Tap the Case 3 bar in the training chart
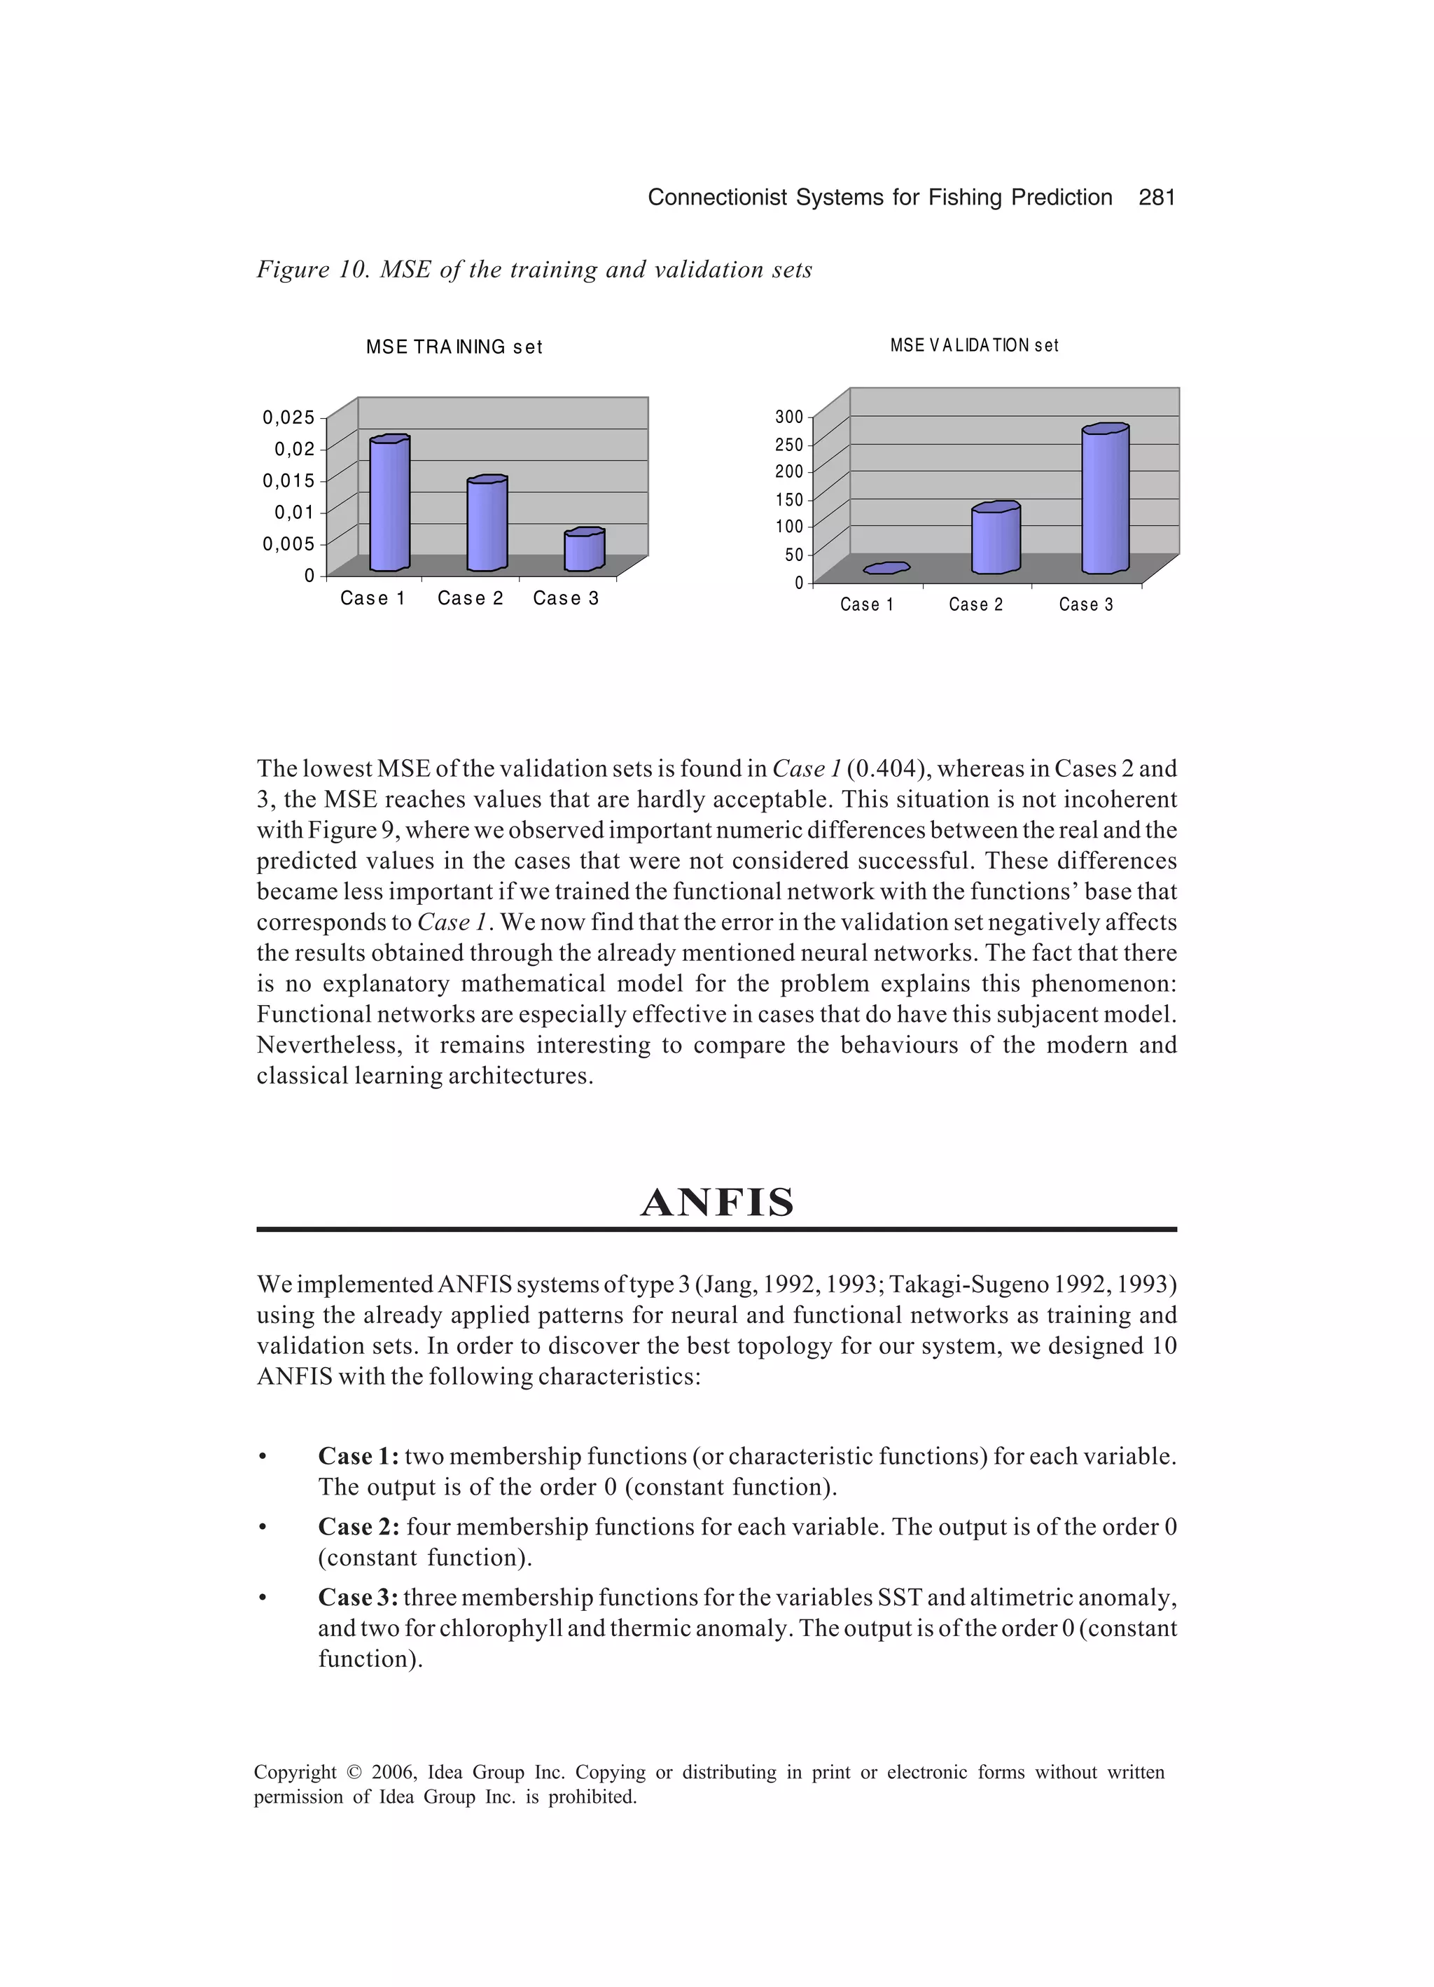point(583,551)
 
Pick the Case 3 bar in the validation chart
point(1105,501)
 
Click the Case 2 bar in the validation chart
point(995,540)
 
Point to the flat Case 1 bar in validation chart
point(886,569)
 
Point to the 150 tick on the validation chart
point(788,500)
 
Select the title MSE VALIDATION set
point(973,346)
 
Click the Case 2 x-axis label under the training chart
point(471,598)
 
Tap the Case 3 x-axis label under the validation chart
point(1085,604)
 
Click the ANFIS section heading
point(716,1203)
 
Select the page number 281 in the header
point(1156,198)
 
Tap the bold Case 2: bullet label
point(359,1527)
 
